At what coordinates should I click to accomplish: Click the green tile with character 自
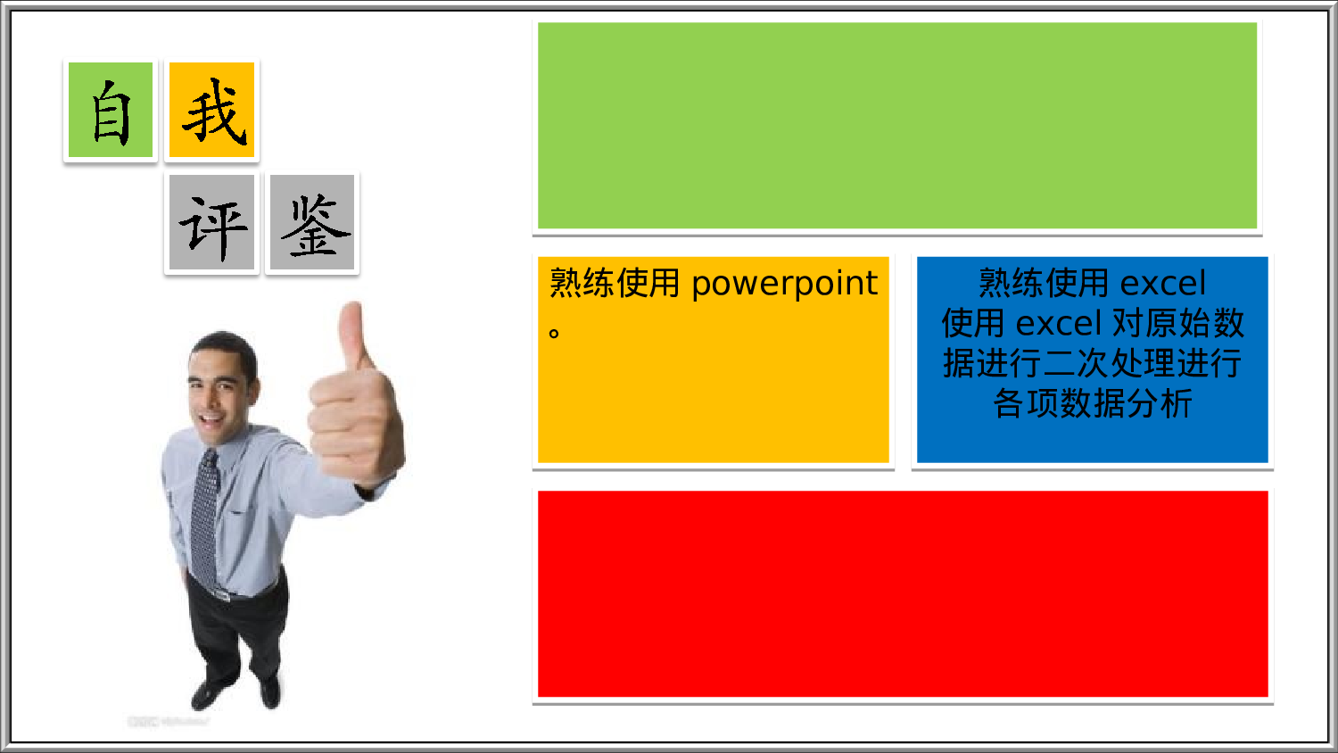click(111, 111)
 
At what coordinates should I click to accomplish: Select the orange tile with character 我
click(212, 111)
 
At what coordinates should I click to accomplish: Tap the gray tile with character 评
click(212, 223)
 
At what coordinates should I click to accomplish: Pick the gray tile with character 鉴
click(312, 223)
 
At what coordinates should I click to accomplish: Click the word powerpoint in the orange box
click(784, 284)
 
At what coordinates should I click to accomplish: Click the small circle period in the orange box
click(554, 334)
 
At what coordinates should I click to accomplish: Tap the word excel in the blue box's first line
click(1162, 284)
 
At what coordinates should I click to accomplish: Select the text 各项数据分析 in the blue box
click(1092, 403)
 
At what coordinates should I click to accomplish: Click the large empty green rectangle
click(896, 125)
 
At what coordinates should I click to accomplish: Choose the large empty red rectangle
click(902, 593)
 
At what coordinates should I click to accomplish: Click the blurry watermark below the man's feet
click(168, 721)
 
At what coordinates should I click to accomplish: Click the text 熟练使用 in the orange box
click(615, 284)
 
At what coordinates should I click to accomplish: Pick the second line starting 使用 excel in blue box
click(1092, 323)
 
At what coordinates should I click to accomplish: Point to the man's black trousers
click(234, 633)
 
